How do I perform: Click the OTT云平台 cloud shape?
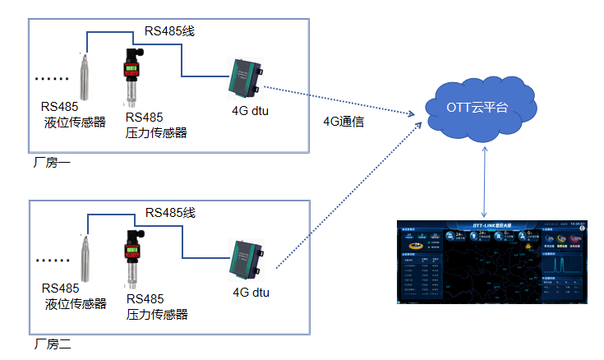[482, 107]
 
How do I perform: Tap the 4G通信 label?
[343, 122]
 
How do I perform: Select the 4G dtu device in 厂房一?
[244, 79]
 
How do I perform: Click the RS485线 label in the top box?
[169, 31]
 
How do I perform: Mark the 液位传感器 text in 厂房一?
[75, 123]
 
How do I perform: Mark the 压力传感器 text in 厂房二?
[157, 314]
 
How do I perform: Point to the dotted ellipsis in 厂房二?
[52, 261]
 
